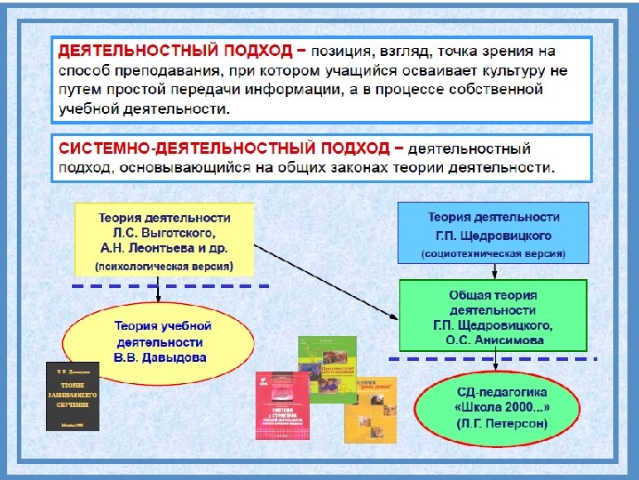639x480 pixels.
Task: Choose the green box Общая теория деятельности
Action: tap(493, 311)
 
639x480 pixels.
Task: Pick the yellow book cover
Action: tap(371, 408)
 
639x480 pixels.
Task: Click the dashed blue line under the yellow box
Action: tap(169, 286)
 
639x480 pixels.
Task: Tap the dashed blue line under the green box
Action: tap(493, 357)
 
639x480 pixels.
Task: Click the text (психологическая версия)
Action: tap(164, 266)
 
